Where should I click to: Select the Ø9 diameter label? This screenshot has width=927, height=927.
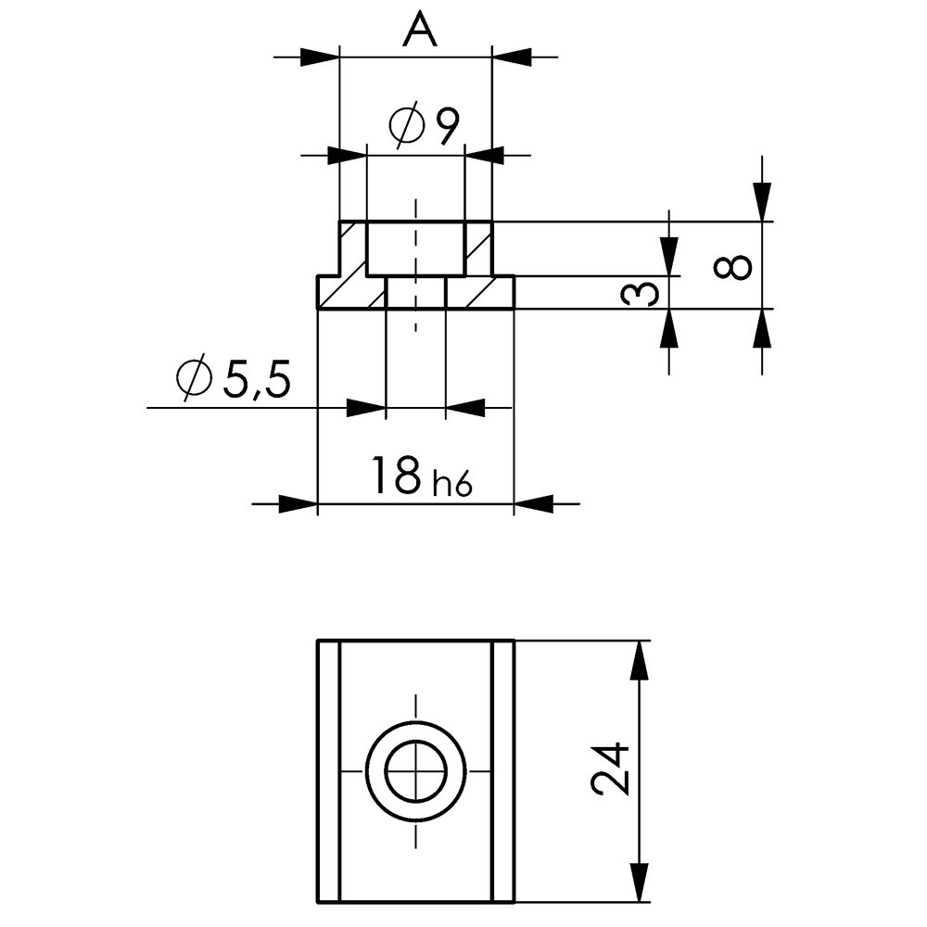425,127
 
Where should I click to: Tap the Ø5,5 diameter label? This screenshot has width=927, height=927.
233,378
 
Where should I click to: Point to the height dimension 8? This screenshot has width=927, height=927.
734,266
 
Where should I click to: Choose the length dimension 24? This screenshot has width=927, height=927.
611,769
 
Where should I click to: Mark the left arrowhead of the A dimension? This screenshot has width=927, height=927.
320,57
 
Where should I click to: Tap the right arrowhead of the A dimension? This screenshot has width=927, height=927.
512,57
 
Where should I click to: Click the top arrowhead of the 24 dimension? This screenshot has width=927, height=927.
638,660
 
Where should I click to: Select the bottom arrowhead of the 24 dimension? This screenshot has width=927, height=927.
638,881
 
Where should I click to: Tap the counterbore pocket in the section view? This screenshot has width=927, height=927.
415,248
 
